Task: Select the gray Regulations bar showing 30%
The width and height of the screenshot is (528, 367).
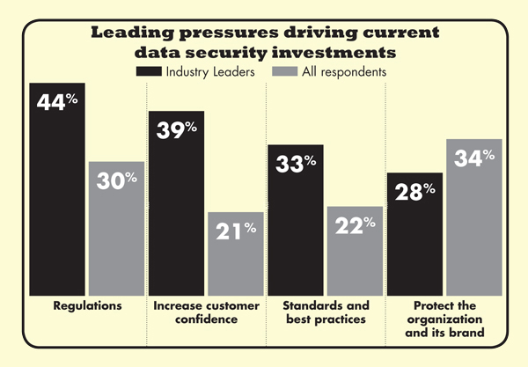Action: (x=116, y=229)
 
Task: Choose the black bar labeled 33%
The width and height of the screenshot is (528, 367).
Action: (x=296, y=220)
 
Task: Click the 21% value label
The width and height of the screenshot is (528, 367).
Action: (x=237, y=231)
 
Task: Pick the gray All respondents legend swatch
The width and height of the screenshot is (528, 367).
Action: (x=283, y=70)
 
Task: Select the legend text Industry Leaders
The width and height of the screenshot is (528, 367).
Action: (x=208, y=70)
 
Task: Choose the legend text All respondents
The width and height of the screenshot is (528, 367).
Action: (x=343, y=70)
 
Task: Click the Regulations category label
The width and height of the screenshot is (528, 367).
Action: (x=86, y=305)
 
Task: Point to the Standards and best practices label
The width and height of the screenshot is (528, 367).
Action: (x=326, y=312)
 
